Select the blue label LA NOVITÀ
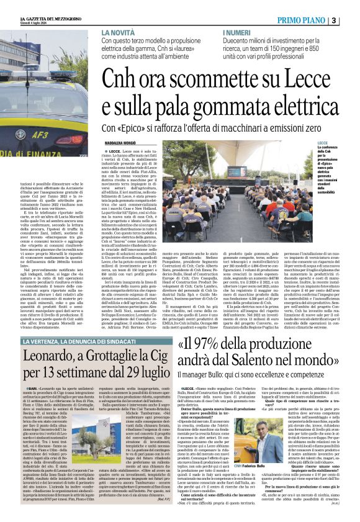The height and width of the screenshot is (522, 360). click(x=120, y=32)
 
